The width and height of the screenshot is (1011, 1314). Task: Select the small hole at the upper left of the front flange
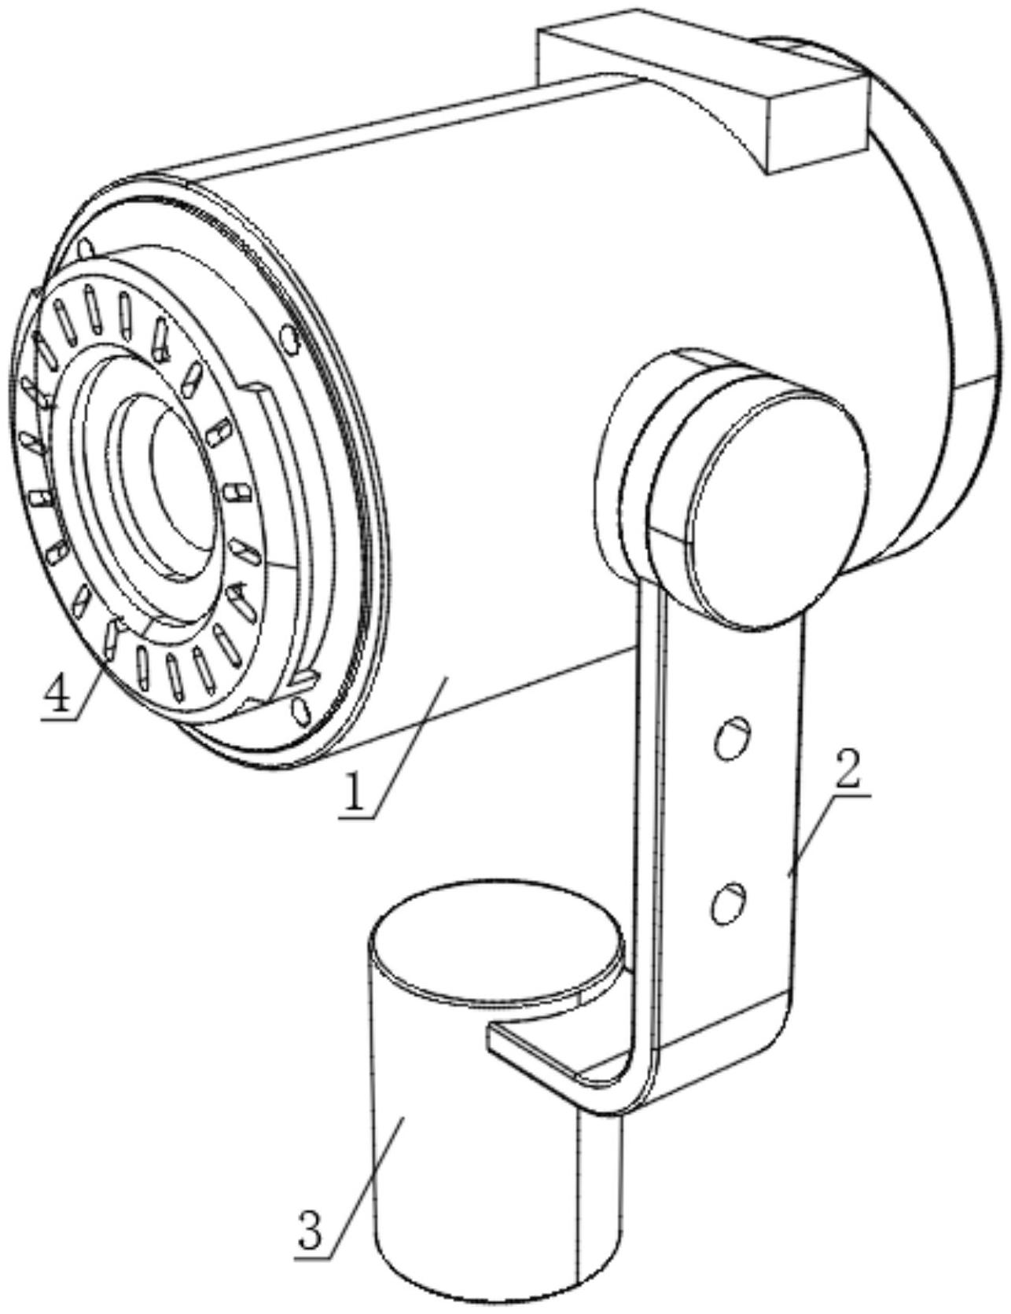87,250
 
